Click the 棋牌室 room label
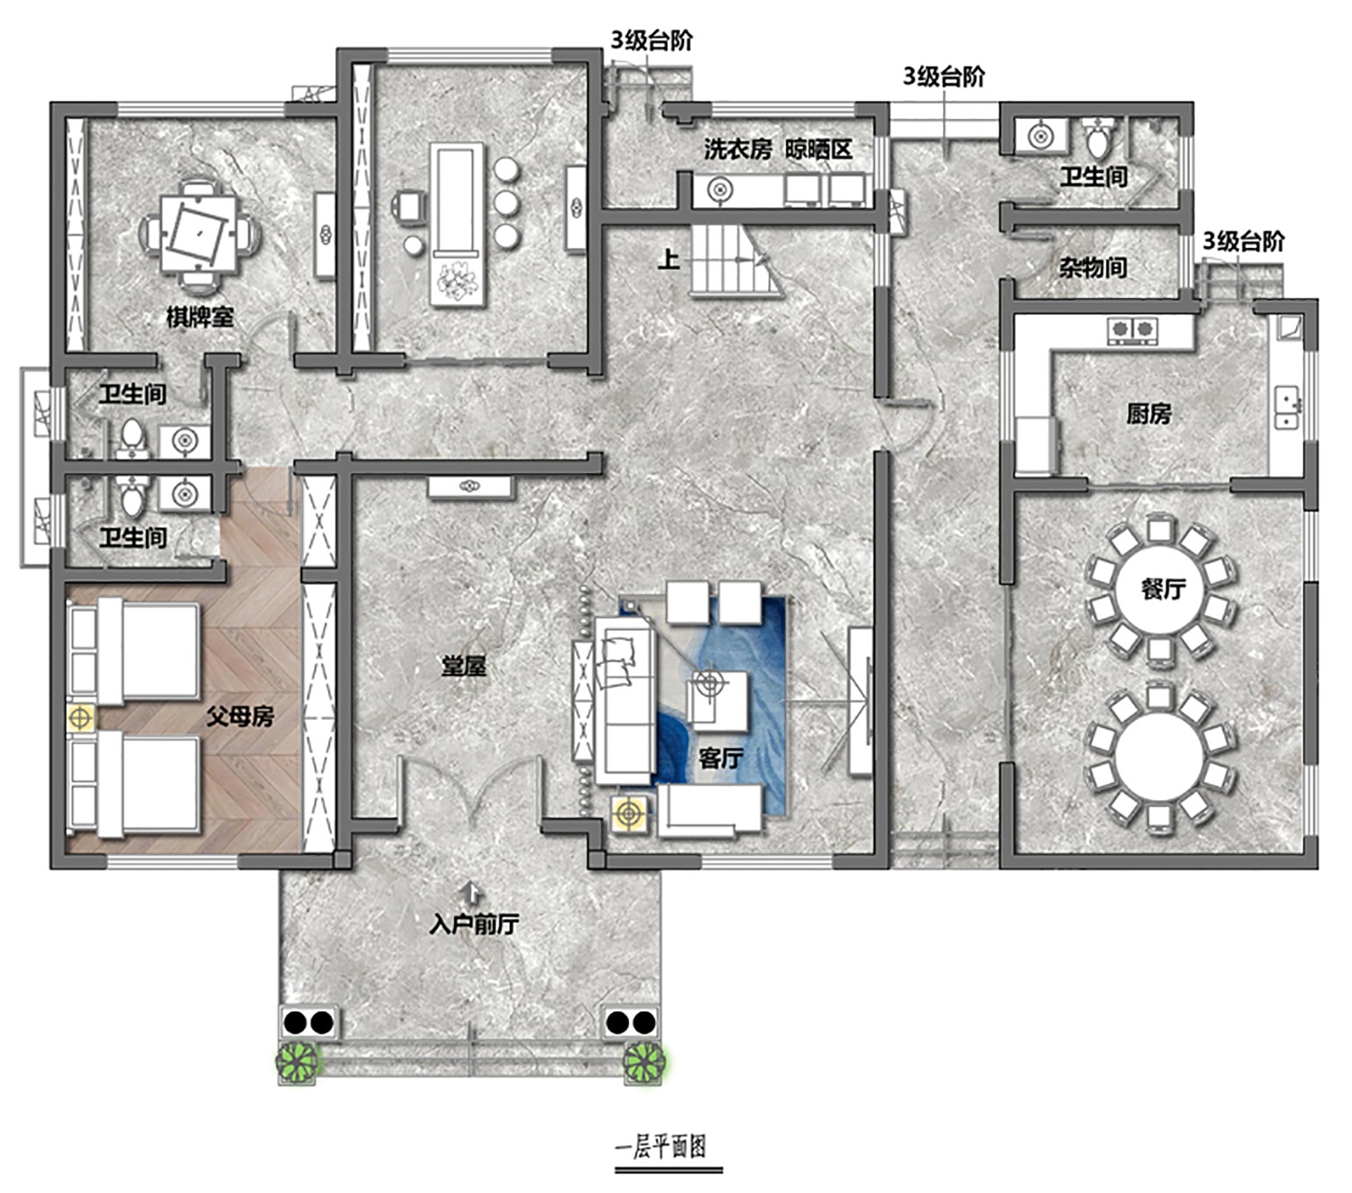point(199,317)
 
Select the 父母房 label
point(240,717)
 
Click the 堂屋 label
point(464,666)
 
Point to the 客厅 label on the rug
point(721,759)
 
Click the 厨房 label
point(1148,414)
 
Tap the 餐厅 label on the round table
point(1163,589)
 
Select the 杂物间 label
point(1093,268)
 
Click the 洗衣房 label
point(737,150)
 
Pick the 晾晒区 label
point(818,150)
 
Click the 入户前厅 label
point(474,924)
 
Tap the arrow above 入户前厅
point(473,894)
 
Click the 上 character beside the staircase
point(669,260)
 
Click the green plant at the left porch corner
point(297,1061)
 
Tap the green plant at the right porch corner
point(644,1061)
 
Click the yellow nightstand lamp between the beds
point(80,719)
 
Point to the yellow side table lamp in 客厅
point(627,814)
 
